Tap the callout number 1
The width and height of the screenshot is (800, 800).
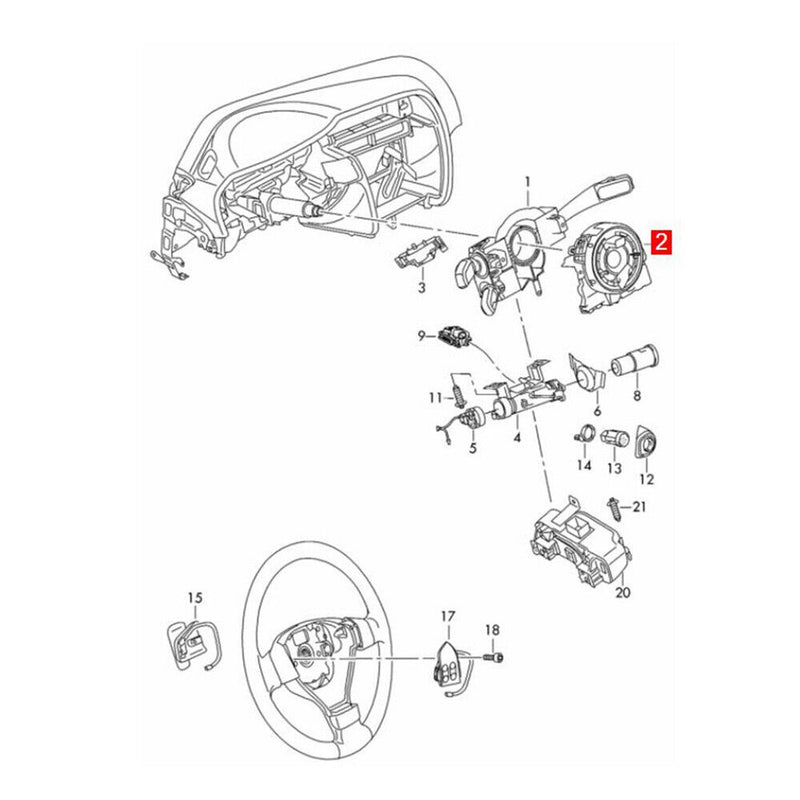click(x=528, y=181)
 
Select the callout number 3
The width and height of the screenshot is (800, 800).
click(x=421, y=288)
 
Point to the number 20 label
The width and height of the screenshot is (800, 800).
click(x=623, y=592)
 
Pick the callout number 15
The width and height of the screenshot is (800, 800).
click(x=195, y=598)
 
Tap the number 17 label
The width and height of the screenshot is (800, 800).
click(x=447, y=616)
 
